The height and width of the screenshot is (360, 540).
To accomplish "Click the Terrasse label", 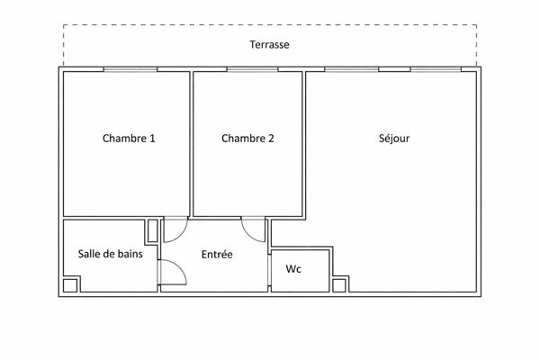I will (x=269, y=44).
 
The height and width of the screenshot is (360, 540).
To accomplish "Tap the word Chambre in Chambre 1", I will (x=123, y=139).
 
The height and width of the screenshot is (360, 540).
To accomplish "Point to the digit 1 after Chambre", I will (x=152, y=139).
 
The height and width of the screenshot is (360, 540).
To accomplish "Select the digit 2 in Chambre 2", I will (x=271, y=139).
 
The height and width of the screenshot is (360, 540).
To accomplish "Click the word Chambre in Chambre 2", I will (x=242, y=139).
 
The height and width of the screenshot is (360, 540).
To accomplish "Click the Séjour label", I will (x=393, y=139).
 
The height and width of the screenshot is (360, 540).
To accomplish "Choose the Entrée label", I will (x=217, y=255).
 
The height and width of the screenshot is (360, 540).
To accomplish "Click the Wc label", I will (x=293, y=269).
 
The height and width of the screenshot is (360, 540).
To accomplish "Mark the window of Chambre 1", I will (x=130, y=68).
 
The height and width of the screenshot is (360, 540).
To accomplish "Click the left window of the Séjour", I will (x=351, y=68).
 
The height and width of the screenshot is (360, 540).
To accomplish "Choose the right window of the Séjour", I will (x=436, y=68).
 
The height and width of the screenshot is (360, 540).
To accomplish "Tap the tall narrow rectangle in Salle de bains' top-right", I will (x=153, y=229).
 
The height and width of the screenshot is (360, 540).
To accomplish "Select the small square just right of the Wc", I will (x=339, y=285).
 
